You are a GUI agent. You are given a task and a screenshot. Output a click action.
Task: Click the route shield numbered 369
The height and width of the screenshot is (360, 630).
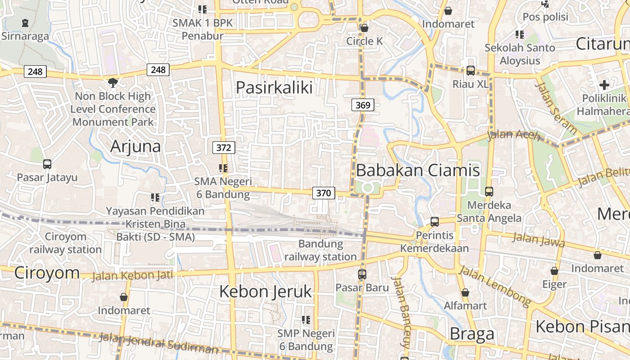coord(362,105)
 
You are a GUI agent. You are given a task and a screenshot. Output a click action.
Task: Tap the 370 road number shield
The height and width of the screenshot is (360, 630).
coord(324,193)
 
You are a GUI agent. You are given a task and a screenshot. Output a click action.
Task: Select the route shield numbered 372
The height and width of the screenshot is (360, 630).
coord(224,148)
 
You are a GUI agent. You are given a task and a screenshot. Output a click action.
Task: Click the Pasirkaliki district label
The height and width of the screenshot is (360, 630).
coord(274,87)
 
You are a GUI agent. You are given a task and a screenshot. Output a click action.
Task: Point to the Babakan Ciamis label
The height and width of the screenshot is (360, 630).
coord(418,171)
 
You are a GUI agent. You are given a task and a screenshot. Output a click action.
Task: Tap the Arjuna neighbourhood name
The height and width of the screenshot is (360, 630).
coord(135,146)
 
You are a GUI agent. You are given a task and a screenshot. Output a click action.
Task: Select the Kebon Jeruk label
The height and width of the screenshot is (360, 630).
coord(265,292)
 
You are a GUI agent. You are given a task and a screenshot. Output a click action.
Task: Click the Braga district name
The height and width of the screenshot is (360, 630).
coord(472,334)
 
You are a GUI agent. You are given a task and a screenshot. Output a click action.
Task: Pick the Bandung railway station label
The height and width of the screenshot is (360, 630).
coord(320,251)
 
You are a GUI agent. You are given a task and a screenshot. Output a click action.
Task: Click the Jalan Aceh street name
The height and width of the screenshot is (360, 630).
coord(513,135)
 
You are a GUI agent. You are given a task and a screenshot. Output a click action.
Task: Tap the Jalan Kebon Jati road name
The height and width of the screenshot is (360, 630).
coord(132,274)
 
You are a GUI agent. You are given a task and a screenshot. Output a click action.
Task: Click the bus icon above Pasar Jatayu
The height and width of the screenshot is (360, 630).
coord(47,164)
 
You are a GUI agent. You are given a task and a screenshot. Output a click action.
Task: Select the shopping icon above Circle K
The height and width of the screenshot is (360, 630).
coord(364,28)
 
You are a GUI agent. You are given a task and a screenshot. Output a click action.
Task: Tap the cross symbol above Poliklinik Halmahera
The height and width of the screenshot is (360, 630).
coord(604,85)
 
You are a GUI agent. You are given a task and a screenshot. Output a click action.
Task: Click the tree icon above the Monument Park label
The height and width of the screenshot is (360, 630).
coord(113,82)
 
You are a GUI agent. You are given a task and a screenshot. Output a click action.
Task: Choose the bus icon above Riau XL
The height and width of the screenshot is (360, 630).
coord(470,71)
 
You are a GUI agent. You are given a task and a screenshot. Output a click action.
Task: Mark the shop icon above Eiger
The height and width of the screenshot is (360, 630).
coord(554,271)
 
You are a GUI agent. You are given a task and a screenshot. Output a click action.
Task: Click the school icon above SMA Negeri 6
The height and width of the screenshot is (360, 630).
coord(223,168)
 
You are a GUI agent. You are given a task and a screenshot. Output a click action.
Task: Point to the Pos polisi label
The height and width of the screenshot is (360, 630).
coord(545,17)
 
